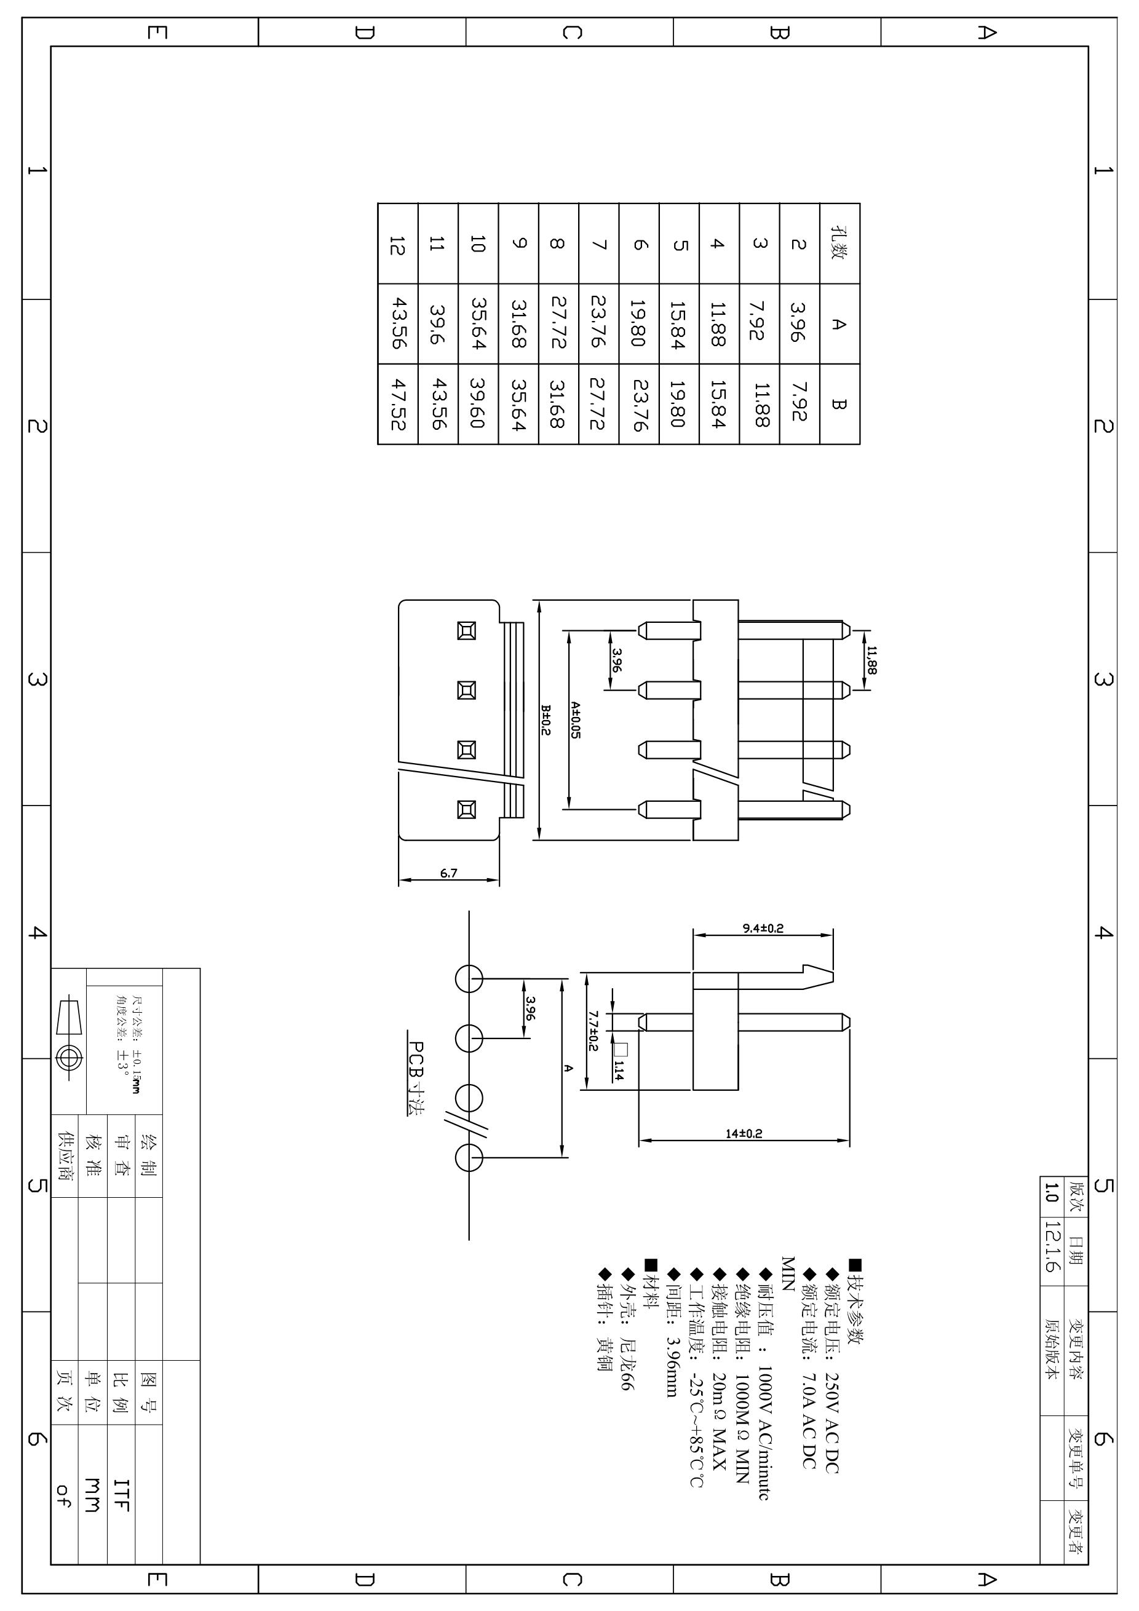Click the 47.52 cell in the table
398,404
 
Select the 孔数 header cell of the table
839,243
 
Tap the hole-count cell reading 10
478,243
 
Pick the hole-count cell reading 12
398,243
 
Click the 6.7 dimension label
448,874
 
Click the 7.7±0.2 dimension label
593,1031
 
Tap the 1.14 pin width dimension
619,1069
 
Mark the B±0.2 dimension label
546,720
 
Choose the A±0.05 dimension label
576,720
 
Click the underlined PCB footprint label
416,1079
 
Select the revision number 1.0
1050,1192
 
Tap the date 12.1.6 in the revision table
1050,1247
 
